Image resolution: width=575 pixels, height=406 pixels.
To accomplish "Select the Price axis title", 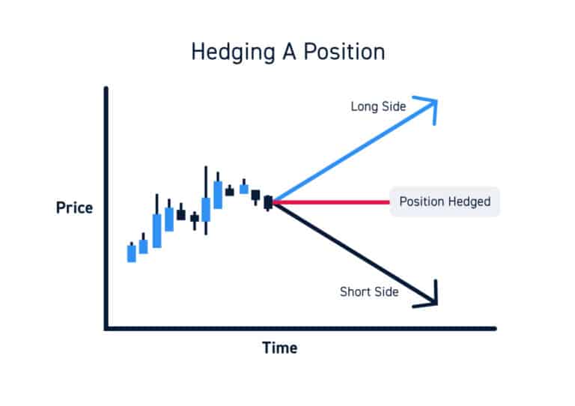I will click(x=74, y=207).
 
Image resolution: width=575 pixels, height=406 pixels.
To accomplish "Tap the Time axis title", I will click(x=279, y=348).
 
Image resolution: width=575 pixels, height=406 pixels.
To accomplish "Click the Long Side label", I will click(x=378, y=106).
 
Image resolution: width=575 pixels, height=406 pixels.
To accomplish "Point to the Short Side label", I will click(x=369, y=291).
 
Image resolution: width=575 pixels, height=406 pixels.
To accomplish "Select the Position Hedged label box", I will click(x=445, y=202).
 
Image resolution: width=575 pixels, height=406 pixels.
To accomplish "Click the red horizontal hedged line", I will click(x=329, y=202).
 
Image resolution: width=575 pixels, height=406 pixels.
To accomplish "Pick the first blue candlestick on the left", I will click(x=132, y=253).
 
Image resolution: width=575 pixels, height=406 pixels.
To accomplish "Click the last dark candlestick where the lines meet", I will click(x=268, y=202).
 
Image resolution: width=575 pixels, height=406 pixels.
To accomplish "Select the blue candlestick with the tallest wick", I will click(x=206, y=209).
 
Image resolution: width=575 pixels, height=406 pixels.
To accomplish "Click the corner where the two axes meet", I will click(x=107, y=327).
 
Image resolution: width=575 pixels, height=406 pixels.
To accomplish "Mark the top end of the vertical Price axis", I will click(x=107, y=89).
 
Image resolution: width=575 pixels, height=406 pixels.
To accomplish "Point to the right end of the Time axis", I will click(x=493, y=327).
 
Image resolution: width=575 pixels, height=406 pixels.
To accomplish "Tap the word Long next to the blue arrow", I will click(x=364, y=106).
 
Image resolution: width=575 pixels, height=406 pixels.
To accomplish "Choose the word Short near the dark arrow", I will click(x=354, y=291).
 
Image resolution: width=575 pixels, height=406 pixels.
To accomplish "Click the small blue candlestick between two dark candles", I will click(x=244, y=189).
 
